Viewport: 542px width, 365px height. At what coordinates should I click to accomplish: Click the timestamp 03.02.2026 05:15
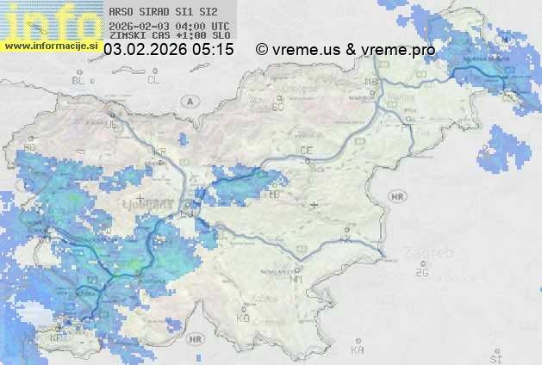point(168,50)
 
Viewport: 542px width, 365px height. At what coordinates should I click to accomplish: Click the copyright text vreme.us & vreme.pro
point(346,50)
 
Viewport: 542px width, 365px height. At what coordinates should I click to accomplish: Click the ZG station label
point(421,273)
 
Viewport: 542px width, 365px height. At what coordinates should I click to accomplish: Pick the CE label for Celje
point(305,151)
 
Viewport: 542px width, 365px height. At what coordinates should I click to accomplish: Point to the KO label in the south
point(243,318)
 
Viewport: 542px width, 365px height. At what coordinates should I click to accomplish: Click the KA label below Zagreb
point(357,350)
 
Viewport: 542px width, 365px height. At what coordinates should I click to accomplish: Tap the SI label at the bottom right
point(495,356)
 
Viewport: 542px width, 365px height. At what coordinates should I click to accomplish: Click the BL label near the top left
point(80,80)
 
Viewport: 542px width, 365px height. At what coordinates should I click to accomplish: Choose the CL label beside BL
point(153,80)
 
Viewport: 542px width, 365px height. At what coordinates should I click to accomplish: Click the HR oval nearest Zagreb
point(397,197)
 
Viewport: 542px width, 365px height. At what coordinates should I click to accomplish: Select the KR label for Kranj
point(159,152)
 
